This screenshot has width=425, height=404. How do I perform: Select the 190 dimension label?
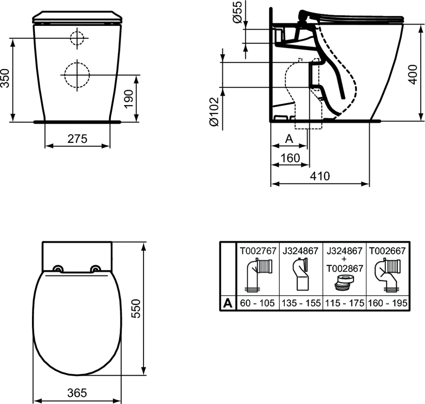(129, 98)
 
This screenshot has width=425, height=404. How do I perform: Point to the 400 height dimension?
(413, 73)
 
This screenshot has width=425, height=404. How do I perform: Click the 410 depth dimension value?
(320, 176)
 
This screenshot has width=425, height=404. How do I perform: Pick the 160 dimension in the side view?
(289, 158)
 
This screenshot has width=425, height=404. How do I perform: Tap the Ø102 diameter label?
(213, 111)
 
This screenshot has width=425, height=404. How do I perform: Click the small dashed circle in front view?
(77, 38)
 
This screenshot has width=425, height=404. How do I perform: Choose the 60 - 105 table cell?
(257, 303)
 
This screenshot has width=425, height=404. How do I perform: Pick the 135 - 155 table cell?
(301, 303)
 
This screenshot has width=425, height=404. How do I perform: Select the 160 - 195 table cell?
(387, 303)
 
